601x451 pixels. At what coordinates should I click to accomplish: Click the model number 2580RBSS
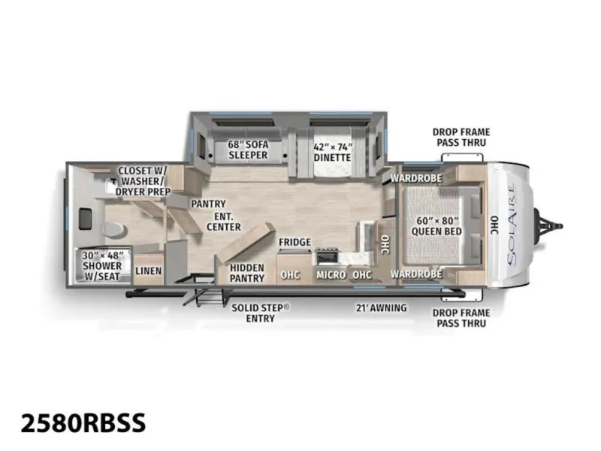point(83,422)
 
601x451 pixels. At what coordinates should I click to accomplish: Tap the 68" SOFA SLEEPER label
point(248,150)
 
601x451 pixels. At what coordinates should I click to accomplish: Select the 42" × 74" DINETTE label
point(332,153)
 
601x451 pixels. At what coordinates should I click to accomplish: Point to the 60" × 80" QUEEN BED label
point(436,226)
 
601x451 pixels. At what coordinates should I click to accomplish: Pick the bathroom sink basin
point(85,219)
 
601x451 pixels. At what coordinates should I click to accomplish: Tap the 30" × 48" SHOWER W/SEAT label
point(102,265)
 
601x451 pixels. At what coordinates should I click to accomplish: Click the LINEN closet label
point(148,271)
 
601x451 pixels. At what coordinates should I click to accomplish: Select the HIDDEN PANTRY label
point(247,273)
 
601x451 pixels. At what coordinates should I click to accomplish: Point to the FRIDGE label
point(294,242)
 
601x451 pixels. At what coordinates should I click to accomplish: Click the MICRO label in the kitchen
point(331,274)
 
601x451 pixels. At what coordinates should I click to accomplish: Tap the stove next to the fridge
point(328,256)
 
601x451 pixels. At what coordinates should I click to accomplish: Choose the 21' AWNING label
point(382,307)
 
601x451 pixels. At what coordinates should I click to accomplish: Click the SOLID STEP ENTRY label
point(261,313)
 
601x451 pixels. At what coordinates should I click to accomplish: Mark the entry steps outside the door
point(203,295)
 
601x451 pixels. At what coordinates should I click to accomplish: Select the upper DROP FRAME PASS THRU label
point(461,137)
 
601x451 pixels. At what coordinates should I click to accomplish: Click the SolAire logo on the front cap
point(512,225)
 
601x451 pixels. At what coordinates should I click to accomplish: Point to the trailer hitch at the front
point(548,226)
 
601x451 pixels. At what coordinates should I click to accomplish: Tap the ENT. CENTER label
point(224,222)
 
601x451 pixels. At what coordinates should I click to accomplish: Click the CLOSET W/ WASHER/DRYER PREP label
point(143,180)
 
